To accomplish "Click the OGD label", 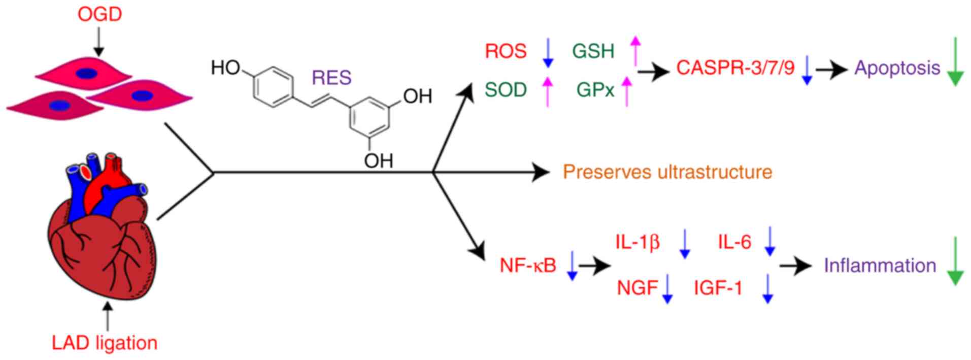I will click(x=99, y=14).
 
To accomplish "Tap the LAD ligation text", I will click(x=105, y=343).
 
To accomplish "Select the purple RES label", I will click(x=331, y=78).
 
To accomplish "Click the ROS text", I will click(x=506, y=51).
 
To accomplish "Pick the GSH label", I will click(x=593, y=51).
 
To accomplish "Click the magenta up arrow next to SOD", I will click(x=547, y=90).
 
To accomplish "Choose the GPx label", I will click(x=595, y=90).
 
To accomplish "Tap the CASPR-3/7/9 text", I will click(x=735, y=68).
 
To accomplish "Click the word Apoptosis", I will click(x=897, y=68).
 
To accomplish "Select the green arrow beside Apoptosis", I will click(x=955, y=61).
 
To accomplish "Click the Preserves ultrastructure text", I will click(x=667, y=172).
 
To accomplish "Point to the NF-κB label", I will click(x=528, y=265).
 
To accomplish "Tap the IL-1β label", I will click(x=638, y=242).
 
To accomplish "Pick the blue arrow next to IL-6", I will click(x=769, y=241).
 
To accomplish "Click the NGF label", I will click(x=638, y=288).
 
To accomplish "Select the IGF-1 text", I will click(x=718, y=288).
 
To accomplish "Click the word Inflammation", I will click(x=880, y=266).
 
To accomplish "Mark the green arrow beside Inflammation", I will click(x=955, y=260).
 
